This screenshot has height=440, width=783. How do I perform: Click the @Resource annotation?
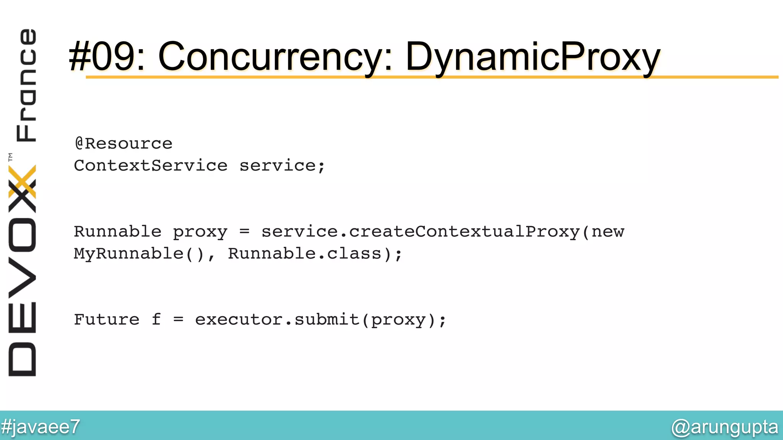coord(123,144)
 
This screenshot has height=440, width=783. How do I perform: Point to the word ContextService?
coord(151,166)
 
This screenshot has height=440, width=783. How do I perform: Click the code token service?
coord(282,166)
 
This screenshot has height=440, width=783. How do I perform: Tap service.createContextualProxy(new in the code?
coord(443,232)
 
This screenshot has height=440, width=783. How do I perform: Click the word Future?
coord(107,319)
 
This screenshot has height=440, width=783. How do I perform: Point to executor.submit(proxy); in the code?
coord(320,320)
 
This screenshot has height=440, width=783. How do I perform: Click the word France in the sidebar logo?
coord(26,85)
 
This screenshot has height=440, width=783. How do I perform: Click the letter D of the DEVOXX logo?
coord(22,359)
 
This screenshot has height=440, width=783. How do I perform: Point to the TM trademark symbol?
coord(10,157)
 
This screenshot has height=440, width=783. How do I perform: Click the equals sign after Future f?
coord(178,319)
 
